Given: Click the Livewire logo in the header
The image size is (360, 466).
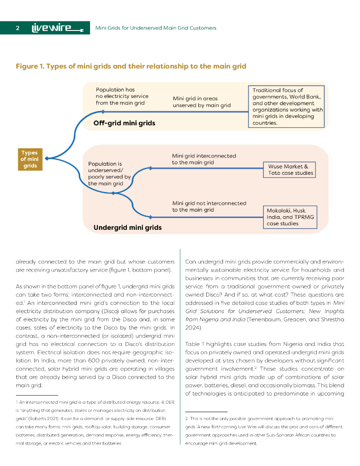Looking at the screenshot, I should click(x=57, y=28).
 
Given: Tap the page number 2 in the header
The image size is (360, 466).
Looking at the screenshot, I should click(x=17, y=28).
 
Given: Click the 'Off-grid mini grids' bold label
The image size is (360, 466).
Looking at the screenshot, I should click(x=124, y=123).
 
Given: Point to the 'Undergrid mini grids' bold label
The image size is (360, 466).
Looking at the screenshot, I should click(x=127, y=227).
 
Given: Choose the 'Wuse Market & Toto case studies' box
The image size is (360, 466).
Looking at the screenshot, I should click(x=290, y=170).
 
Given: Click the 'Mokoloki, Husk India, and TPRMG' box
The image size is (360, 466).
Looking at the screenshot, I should click(x=290, y=217).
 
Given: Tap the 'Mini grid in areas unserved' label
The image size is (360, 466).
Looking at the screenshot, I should click(x=202, y=102).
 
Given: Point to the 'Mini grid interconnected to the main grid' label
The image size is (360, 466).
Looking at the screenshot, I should click(x=204, y=159).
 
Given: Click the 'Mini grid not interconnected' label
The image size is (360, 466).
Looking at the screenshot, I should click(x=209, y=206).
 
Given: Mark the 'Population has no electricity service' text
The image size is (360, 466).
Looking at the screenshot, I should click(x=122, y=96).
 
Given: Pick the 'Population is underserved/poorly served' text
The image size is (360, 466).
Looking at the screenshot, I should click(x=109, y=173).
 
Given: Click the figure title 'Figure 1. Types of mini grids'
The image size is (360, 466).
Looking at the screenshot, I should click(x=131, y=66).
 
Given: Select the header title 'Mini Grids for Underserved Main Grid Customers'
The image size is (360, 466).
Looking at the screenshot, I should click(x=156, y=28).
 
